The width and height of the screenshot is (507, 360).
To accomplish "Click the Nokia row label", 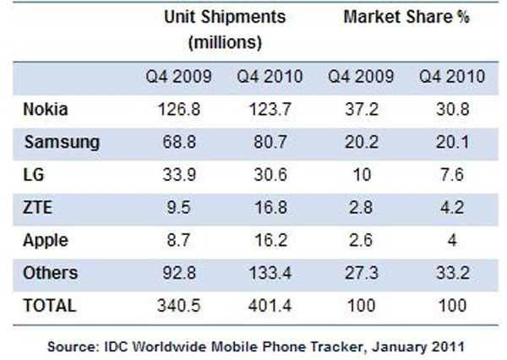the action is (46, 109).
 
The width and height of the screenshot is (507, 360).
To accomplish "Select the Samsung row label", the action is (62, 143).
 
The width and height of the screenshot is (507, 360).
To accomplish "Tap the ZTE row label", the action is (37, 207).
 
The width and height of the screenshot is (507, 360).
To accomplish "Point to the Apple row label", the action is (46, 241).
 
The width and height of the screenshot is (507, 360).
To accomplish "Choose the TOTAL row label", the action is (50, 306).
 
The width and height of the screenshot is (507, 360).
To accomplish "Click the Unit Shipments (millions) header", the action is (225, 30).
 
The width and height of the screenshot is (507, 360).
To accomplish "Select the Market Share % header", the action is (406, 17).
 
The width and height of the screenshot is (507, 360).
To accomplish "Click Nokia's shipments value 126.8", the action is (179, 109).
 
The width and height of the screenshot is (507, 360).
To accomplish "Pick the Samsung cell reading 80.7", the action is (270, 142).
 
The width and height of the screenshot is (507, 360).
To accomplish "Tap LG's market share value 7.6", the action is (452, 175).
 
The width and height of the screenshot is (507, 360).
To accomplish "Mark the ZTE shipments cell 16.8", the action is (270, 207).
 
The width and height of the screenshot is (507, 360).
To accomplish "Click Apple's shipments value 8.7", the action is (179, 240).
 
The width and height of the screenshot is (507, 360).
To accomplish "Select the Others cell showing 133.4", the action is (270, 273).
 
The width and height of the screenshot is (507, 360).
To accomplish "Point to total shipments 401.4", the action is (270, 306).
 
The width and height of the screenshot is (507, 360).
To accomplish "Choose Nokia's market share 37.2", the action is (361, 109).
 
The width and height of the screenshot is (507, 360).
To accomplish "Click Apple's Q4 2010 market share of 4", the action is (452, 240).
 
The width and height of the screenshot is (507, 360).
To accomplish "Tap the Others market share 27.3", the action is (361, 273).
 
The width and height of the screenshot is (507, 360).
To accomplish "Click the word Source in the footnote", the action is (74, 347).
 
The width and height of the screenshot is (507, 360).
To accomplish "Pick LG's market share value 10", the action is (361, 175).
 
